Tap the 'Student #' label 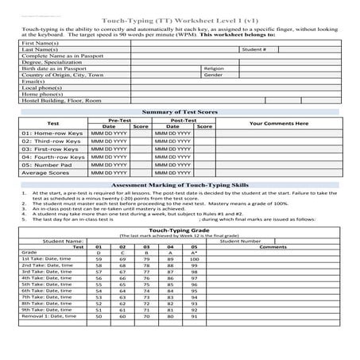[x=254, y=49]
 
